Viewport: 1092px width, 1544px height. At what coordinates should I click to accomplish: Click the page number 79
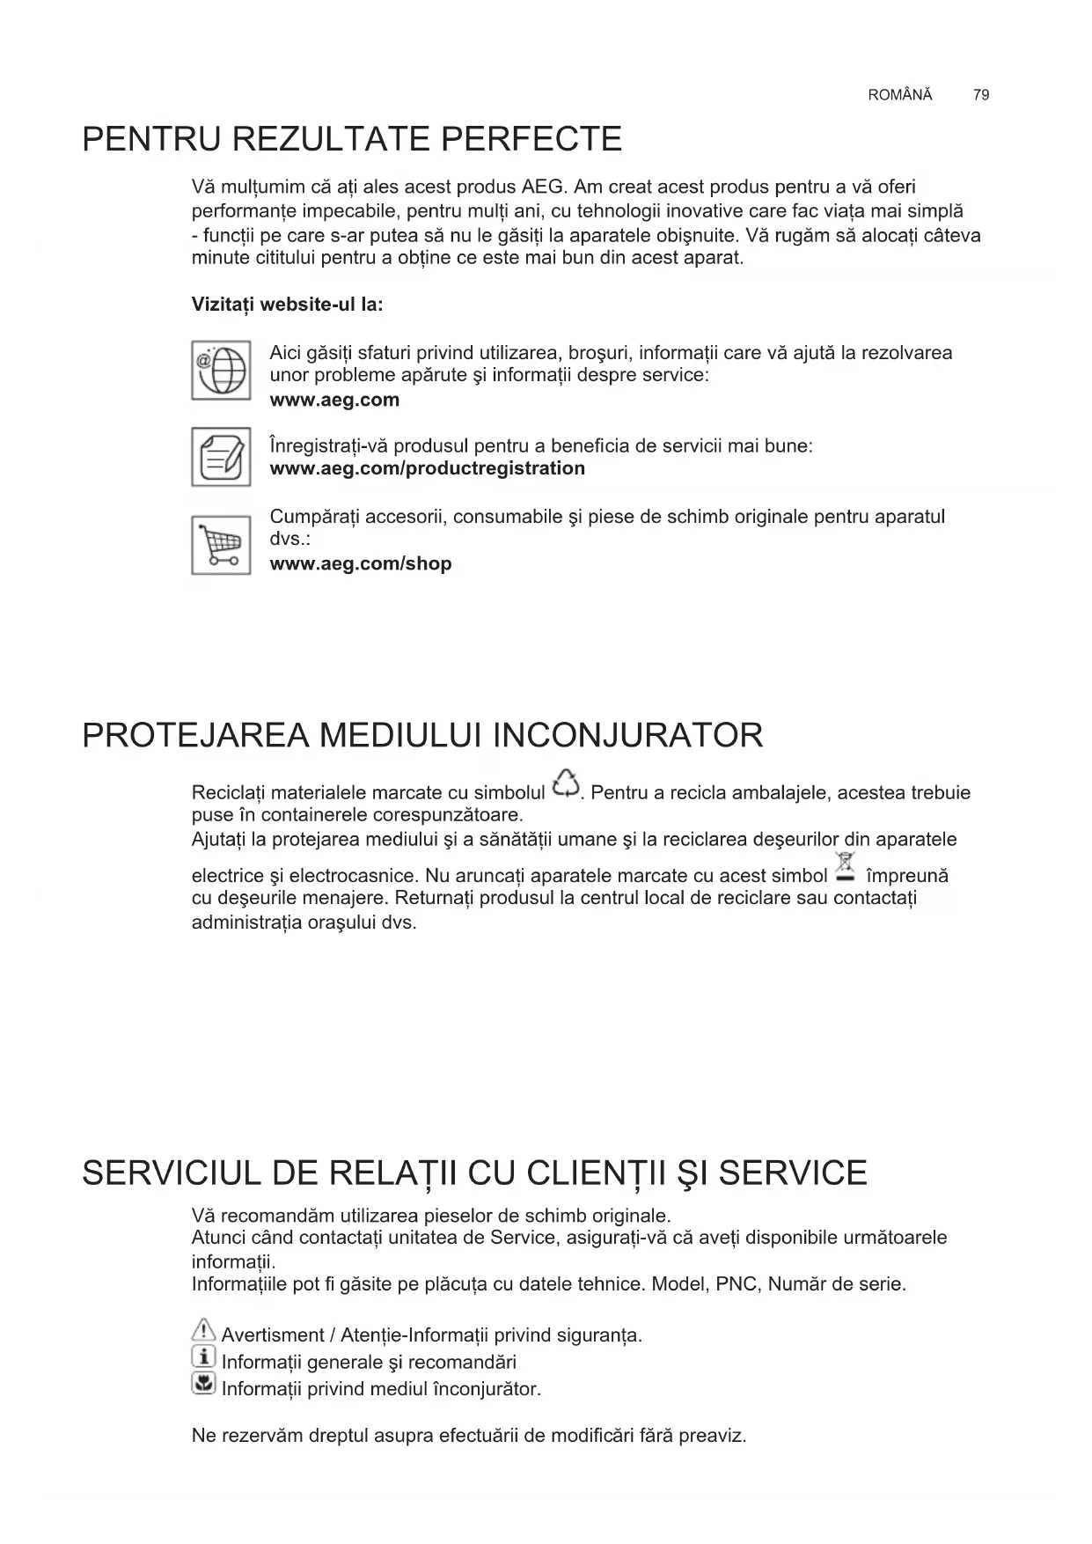981,95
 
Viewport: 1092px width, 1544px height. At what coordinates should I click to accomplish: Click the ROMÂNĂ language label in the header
899,95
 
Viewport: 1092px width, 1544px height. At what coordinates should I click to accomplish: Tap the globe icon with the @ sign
221,371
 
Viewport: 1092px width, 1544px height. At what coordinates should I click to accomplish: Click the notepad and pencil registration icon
221,457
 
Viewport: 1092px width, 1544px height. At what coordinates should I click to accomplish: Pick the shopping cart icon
221,546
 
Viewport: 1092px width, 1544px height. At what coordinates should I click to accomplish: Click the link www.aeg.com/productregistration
427,468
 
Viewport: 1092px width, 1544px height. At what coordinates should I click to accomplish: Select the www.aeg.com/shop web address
360,563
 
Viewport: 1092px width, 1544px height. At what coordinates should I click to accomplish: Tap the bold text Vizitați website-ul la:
287,305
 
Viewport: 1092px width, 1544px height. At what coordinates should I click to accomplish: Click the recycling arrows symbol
566,784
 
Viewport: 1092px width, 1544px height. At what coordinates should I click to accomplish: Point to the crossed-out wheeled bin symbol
846,866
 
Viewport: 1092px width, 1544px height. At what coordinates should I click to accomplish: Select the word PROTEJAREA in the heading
194,736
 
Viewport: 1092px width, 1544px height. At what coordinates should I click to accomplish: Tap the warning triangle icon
203,1331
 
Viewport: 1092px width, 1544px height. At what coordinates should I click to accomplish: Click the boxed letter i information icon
203,1357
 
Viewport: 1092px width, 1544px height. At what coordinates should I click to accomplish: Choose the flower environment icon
203,1385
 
